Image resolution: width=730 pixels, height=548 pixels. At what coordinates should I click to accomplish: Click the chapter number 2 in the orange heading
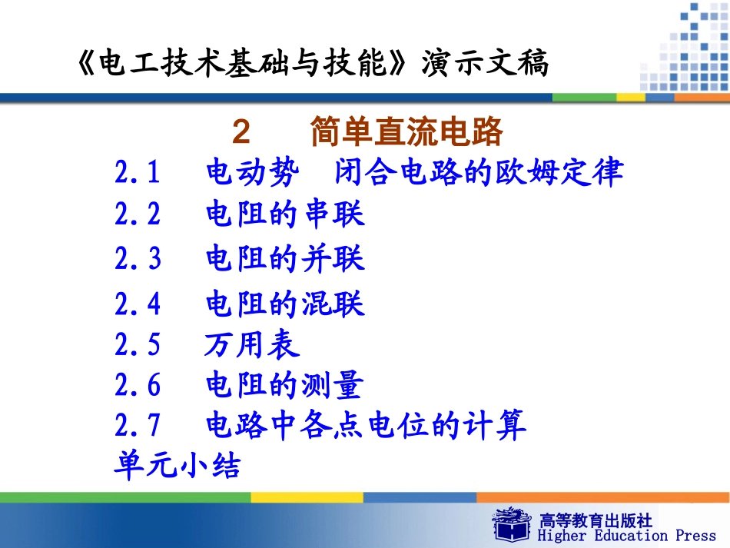pos(241,133)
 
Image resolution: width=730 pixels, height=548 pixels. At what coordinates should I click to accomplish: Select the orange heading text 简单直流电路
pos(406,133)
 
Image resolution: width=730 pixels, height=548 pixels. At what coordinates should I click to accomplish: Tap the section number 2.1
pos(138,173)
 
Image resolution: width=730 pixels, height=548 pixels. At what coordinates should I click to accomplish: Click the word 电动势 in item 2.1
pos(251,173)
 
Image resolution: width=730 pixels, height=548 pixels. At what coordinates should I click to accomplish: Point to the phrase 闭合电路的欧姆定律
pos(479,173)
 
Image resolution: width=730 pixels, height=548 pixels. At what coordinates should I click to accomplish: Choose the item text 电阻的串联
pos(285,214)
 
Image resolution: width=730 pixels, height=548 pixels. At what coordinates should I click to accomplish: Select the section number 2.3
pos(138,259)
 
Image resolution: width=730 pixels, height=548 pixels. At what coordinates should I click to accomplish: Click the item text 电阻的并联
pos(285,259)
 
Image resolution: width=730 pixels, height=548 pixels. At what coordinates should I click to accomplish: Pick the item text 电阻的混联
pos(285,304)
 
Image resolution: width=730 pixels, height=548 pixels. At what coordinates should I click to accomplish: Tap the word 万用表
pos(252,345)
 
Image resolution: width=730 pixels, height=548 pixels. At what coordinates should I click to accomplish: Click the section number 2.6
pos(138,385)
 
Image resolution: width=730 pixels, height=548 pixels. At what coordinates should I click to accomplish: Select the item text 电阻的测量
pos(284,385)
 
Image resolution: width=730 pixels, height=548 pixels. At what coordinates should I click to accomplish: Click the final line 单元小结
pos(177,465)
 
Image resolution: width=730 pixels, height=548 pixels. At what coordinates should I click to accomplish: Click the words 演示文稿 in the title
pos(485,65)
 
